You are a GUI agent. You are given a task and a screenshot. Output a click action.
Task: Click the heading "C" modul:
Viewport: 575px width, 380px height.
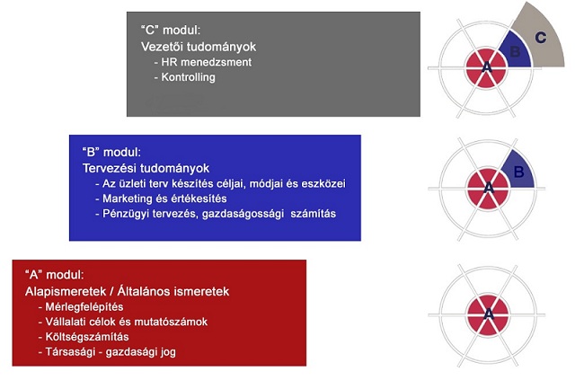(x=171, y=30)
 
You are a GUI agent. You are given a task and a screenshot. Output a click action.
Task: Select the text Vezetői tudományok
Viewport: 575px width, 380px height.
(x=199, y=47)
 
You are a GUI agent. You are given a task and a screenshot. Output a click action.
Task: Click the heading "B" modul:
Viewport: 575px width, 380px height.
(x=111, y=152)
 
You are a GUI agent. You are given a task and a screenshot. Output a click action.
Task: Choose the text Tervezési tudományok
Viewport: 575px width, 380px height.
(x=146, y=168)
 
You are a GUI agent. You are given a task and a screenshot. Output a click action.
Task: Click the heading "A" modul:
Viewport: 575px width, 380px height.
(x=54, y=275)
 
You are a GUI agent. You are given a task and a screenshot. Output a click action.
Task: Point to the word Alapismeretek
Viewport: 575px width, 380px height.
(x=66, y=291)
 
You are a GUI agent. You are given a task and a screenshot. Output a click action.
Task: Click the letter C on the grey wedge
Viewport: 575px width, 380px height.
(x=541, y=38)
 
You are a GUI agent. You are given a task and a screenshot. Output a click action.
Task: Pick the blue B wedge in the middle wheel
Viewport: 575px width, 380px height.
(x=519, y=172)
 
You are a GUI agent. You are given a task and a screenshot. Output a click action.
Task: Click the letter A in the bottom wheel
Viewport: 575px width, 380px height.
(x=489, y=314)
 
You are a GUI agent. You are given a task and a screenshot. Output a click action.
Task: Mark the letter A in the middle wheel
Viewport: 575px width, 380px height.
(x=489, y=188)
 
